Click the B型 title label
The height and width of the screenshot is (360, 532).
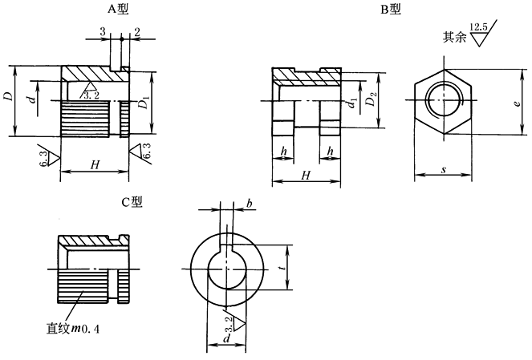392,9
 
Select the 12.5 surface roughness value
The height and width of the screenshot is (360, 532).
479,28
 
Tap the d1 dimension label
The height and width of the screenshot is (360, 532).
353,102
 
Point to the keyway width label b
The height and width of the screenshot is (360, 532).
250,207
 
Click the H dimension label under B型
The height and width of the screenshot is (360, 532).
305,175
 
